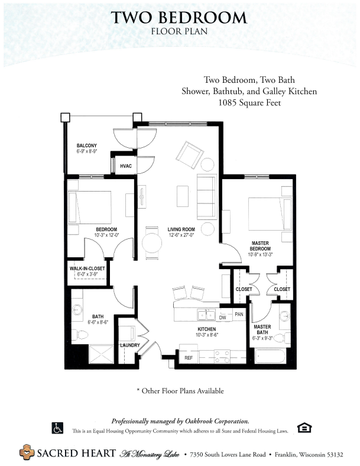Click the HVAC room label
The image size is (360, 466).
(126, 166)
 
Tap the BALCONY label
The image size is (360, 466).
(87, 145)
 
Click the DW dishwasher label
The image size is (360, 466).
(222, 318)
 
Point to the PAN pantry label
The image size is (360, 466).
(239, 314)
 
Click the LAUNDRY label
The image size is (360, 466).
(130, 345)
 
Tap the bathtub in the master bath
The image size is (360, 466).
(271, 357)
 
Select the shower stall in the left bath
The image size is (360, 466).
(101, 354)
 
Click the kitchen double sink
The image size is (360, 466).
(206, 315)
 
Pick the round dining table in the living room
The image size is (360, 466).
(152, 243)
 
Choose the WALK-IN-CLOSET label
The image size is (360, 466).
(87, 268)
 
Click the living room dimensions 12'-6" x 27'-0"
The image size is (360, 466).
(181, 235)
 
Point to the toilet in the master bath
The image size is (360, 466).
(281, 338)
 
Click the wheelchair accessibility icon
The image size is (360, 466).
(57, 428)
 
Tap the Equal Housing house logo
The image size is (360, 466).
(304, 428)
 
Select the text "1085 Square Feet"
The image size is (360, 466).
(249, 103)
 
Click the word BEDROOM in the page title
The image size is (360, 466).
(203, 18)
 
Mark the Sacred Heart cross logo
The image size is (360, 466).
(27, 452)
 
